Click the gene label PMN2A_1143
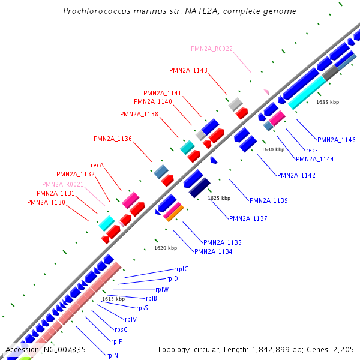pos(188,70)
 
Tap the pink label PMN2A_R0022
pos(212,49)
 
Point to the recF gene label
pos(311,149)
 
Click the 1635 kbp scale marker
pos(327,102)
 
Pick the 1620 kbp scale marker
pos(166,247)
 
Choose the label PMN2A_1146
pos(336,140)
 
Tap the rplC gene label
pos(182,269)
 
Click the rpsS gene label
pos(142,308)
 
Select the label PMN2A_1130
pos(46,202)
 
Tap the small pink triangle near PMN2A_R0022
pos(265,91)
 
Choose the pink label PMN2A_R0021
pos(62,184)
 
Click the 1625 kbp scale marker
pos(218,197)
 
